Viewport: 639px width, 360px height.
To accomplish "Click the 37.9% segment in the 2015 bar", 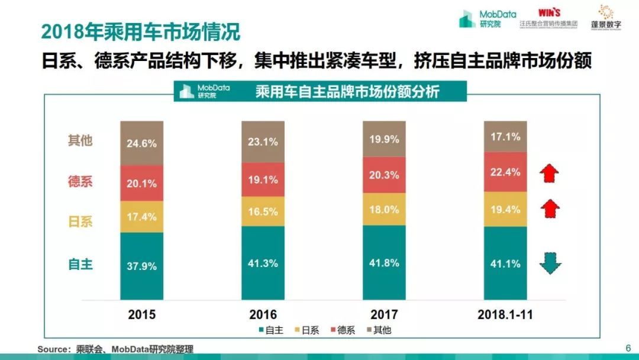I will click(142, 266).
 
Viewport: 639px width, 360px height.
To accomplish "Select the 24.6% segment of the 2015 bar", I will click(142, 143).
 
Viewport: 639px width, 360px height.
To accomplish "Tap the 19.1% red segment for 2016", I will click(263, 179).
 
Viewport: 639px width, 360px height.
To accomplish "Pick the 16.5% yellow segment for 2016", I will click(263, 211).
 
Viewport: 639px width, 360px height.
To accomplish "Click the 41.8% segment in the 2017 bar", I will click(384, 263).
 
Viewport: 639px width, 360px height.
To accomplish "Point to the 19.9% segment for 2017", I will click(384, 139).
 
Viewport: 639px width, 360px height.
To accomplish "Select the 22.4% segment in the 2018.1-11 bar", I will click(505, 172).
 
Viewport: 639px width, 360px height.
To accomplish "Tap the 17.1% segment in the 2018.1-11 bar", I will click(505, 136).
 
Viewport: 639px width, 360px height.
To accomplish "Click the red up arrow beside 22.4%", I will click(550, 172).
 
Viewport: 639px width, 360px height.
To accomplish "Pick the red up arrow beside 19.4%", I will click(550, 208).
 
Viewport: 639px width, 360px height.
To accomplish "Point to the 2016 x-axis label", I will click(263, 314).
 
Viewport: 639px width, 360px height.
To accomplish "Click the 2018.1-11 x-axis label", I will click(505, 314).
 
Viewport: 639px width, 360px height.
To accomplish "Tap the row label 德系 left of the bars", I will click(80, 182).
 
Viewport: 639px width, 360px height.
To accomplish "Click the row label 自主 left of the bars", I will click(80, 264).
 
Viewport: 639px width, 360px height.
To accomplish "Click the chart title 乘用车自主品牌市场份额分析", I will click(347, 92).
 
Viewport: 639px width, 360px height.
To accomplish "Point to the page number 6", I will click(628, 348).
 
